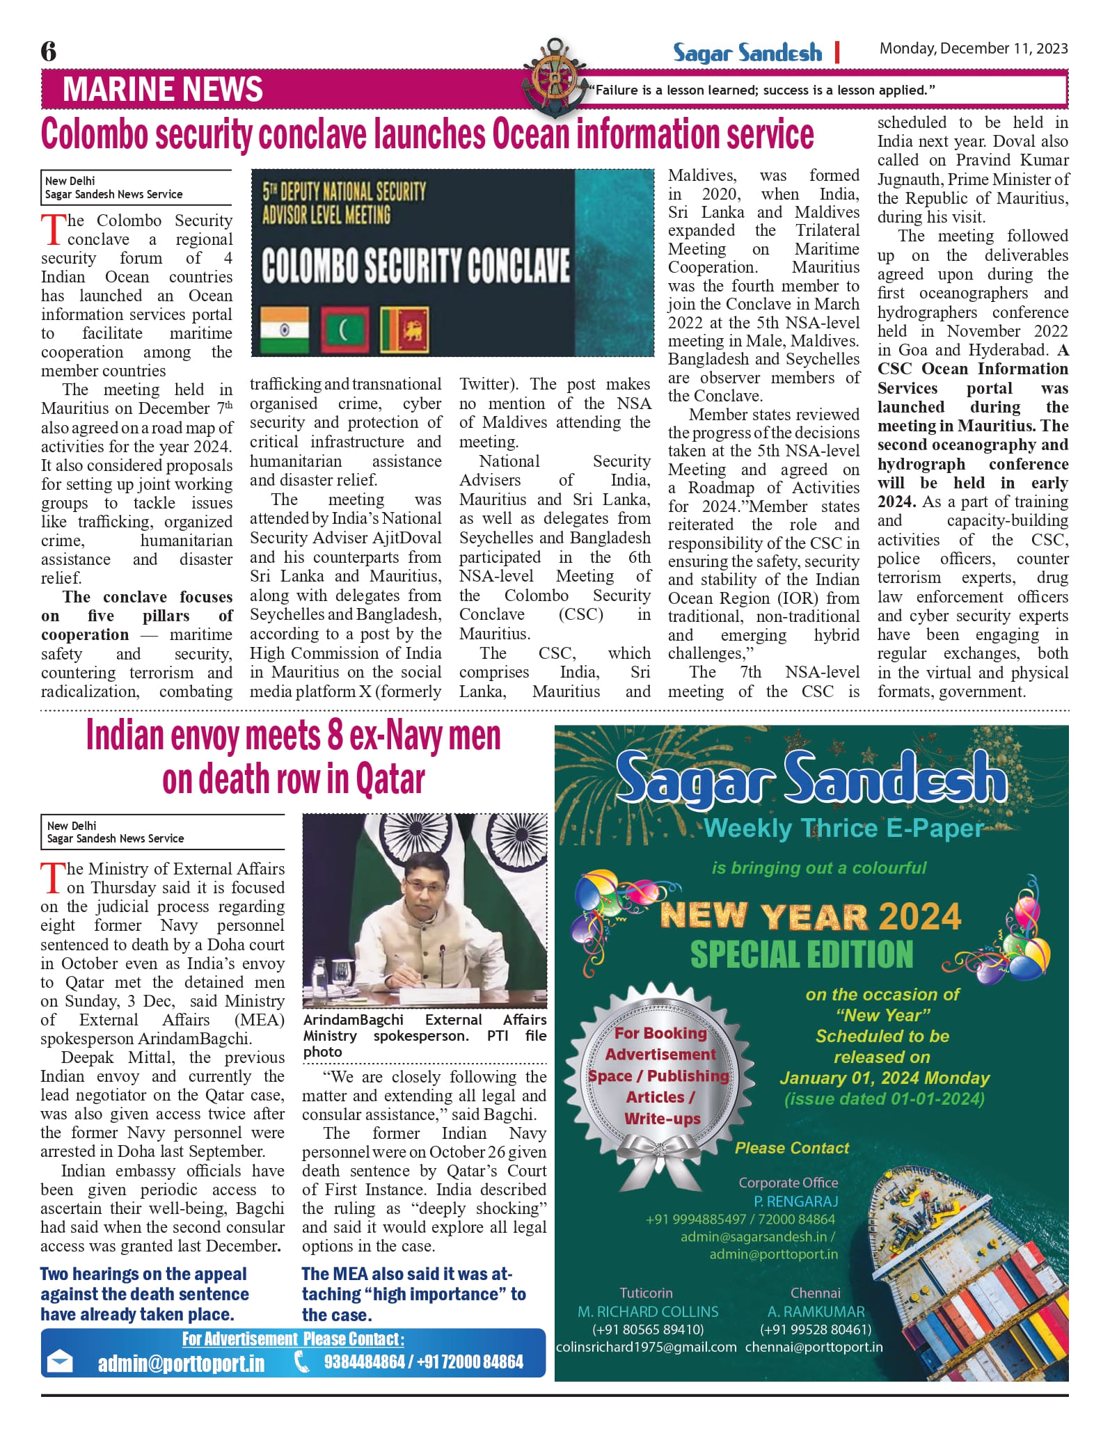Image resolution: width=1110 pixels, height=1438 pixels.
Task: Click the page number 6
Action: coord(49,51)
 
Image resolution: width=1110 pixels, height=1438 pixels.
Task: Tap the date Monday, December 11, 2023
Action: coord(973,49)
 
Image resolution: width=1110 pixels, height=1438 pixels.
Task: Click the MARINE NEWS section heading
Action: coord(162,90)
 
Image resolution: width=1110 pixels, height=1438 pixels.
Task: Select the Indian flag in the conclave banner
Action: coord(284,329)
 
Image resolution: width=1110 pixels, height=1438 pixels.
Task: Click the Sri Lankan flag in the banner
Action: coord(404,330)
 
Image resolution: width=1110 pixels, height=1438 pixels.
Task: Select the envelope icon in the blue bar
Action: coord(59,1361)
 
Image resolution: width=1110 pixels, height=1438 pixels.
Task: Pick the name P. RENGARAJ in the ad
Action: coord(795,1201)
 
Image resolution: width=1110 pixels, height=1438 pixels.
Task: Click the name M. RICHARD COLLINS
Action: coord(648,1311)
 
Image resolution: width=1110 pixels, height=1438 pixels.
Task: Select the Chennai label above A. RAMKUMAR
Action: coord(815,1293)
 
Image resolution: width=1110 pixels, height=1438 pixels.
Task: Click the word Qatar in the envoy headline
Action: coord(390,779)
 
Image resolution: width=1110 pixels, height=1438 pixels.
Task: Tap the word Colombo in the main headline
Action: coord(95,134)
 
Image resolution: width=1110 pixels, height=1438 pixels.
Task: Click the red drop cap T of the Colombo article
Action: coord(53,230)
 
